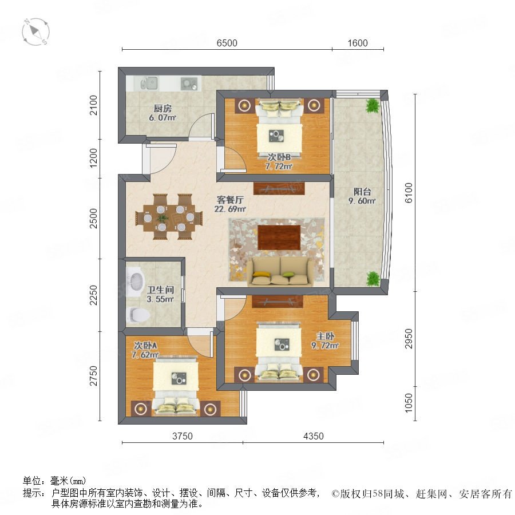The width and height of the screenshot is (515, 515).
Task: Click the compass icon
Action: (36, 32)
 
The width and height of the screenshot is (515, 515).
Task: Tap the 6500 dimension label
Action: (227, 43)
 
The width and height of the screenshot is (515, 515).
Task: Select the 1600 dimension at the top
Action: (358, 43)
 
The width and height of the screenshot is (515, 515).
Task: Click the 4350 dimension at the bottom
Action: (314, 436)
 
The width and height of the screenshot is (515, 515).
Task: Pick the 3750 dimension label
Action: (183, 436)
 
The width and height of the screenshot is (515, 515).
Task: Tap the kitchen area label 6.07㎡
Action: (163, 117)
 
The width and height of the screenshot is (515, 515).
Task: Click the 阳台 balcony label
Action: (362, 192)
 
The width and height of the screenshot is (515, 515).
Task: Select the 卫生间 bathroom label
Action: (160, 290)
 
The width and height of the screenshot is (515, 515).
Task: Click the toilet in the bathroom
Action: (138, 314)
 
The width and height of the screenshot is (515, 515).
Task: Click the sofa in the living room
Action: (280, 271)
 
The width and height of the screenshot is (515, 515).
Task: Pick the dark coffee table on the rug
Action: (279, 237)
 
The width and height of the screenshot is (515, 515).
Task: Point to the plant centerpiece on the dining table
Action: (163, 218)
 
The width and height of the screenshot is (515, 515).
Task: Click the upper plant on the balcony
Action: (373, 105)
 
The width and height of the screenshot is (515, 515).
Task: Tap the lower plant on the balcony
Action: (373, 279)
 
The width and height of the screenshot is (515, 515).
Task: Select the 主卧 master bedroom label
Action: (325, 336)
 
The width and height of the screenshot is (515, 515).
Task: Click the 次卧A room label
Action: (145, 346)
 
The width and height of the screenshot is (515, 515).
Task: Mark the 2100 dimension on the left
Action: (94, 105)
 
